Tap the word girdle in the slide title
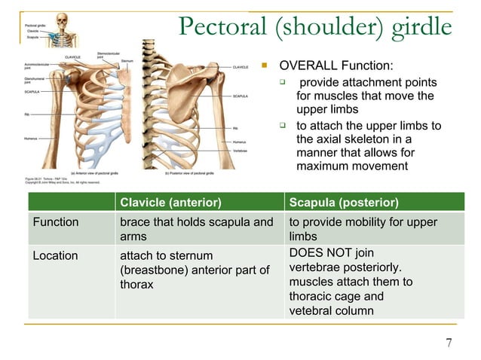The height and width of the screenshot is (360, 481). pyautogui.click(x=421, y=27)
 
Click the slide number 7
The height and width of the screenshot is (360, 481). pyautogui.click(x=449, y=344)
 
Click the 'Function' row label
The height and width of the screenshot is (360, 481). pyautogui.click(x=55, y=222)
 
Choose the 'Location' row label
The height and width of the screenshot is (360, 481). pyautogui.click(x=55, y=255)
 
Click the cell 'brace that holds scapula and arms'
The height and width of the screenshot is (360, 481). pyautogui.click(x=196, y=229)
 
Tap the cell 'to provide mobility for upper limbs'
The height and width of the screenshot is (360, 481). pyautogui.click(x=362, y=229)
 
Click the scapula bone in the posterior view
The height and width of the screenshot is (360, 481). pyautogui.click(x=181, y=90)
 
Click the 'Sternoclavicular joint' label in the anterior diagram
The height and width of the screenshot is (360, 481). pyautogui.click(x=106, y=55)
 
